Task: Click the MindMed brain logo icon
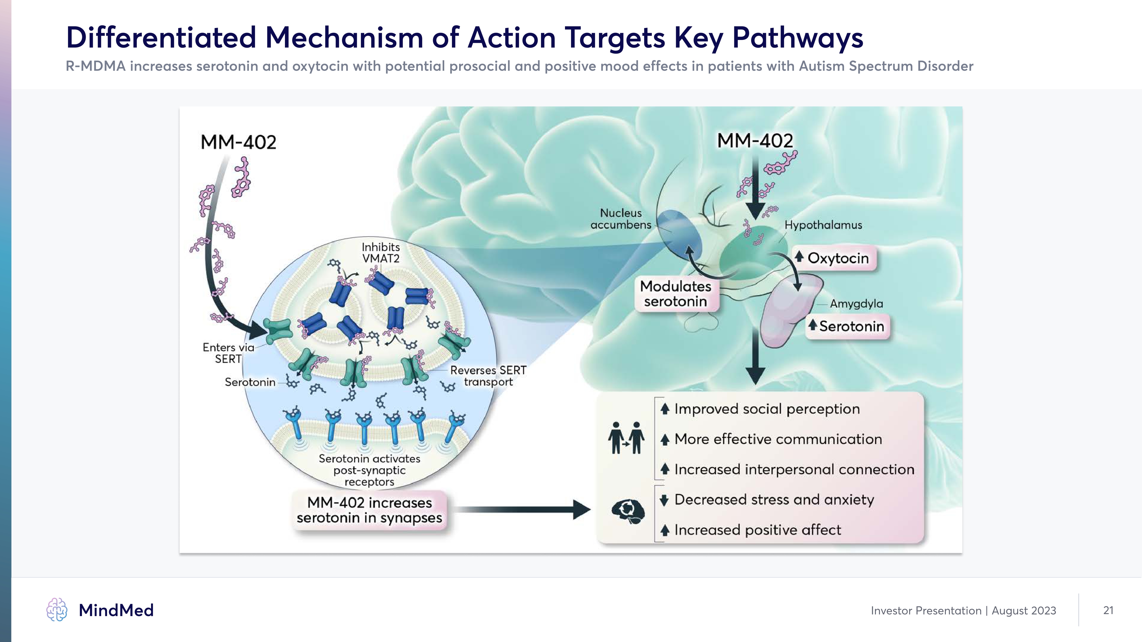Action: pyautogui.click(x=57, y=610)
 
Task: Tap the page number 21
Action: pyautogui.click(x=1108, y=610)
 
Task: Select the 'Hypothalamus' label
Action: pyautogui.click(x=823, y=225)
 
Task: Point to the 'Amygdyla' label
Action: pyautogui.click(x=856, y=304)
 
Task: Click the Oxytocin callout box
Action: pyautogui.click(x=833, y=258)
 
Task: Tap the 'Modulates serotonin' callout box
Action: pyautogui.click(x=675, y=294)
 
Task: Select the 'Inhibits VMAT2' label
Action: pyautogui.click(x=380, y=253)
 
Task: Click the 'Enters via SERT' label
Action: pyautogui.click(x=228, y=353)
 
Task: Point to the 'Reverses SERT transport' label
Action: pyautogui.click(x=488, y=376)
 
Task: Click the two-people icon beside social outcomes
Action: pyautogui.click(x=626, y=438)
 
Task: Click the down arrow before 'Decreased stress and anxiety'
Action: pyautogui.click(x=664, y=500)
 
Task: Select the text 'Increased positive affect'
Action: pyautogui.click(x=757, y=530)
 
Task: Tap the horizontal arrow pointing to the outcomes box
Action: pyautogui.click(x=523, y=510)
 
